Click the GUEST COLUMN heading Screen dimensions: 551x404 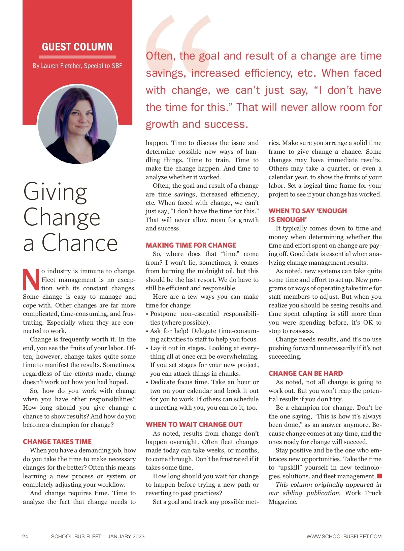[x=77, y=47]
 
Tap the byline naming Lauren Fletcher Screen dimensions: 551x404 [x=77, y=66]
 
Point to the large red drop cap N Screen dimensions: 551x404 [x=31, y=280]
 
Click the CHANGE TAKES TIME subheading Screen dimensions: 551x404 [x=57, y=442]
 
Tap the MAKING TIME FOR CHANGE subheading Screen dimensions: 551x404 [x=191, y=245]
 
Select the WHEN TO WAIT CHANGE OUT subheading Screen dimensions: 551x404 [x=194, y=425]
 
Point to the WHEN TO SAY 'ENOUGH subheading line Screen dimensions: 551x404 [x=308, y=211]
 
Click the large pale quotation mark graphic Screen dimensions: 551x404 [x=178, y=37]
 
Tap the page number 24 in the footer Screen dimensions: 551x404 [x=25, y=537]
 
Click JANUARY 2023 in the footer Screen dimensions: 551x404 [x=126, y=537]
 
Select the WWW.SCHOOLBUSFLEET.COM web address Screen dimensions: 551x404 [x=344, y=537]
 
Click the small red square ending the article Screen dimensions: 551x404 [x=379, y=476]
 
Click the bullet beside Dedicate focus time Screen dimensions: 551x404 [x=147, y=382]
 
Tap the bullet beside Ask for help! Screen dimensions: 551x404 [x=147, y=331]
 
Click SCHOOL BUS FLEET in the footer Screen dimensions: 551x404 [x=76, y=537]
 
